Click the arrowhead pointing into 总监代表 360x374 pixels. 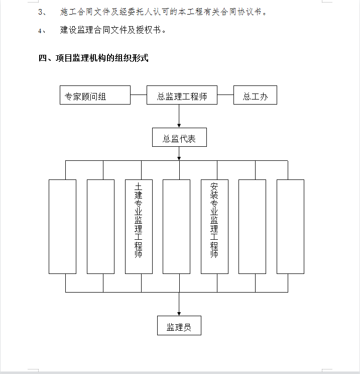coord(179,126)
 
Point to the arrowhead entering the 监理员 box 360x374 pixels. coord(179,314)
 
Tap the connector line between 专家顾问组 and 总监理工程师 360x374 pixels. coord(139,95)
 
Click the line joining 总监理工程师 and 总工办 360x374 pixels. coord(225,95)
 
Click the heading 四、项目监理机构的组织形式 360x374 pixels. coord(93,58)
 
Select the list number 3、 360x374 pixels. coord(42,12)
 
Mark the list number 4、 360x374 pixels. coord(42,31)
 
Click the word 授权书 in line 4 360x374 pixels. coord(149,30)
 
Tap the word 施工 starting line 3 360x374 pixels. coord(68,12)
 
